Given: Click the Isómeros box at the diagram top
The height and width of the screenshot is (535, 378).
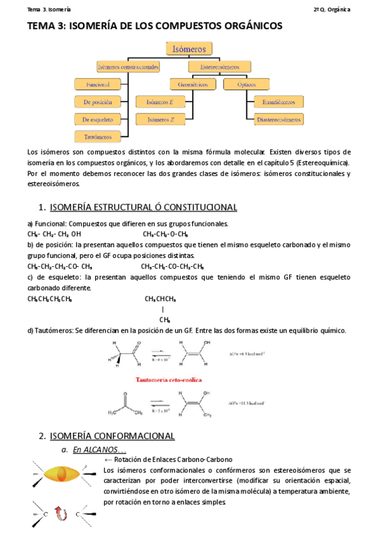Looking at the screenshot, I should tap(189, 49).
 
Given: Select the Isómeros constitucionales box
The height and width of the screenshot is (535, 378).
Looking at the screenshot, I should tap(128, 66).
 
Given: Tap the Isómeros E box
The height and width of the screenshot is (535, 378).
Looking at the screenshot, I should tap(161, 102).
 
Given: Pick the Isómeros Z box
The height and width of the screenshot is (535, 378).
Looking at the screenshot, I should tap(161, 119).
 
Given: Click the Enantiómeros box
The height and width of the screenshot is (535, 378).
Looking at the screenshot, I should tap(279, 102).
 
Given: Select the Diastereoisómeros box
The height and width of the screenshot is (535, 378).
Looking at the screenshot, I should tap(279, 119).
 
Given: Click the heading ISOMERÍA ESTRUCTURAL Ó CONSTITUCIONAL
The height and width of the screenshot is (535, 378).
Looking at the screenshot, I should tap(143, 207).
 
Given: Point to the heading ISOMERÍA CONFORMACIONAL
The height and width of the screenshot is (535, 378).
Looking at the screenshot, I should tap(112, 436).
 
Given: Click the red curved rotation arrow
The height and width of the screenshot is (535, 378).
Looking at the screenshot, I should tap(62, 514).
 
